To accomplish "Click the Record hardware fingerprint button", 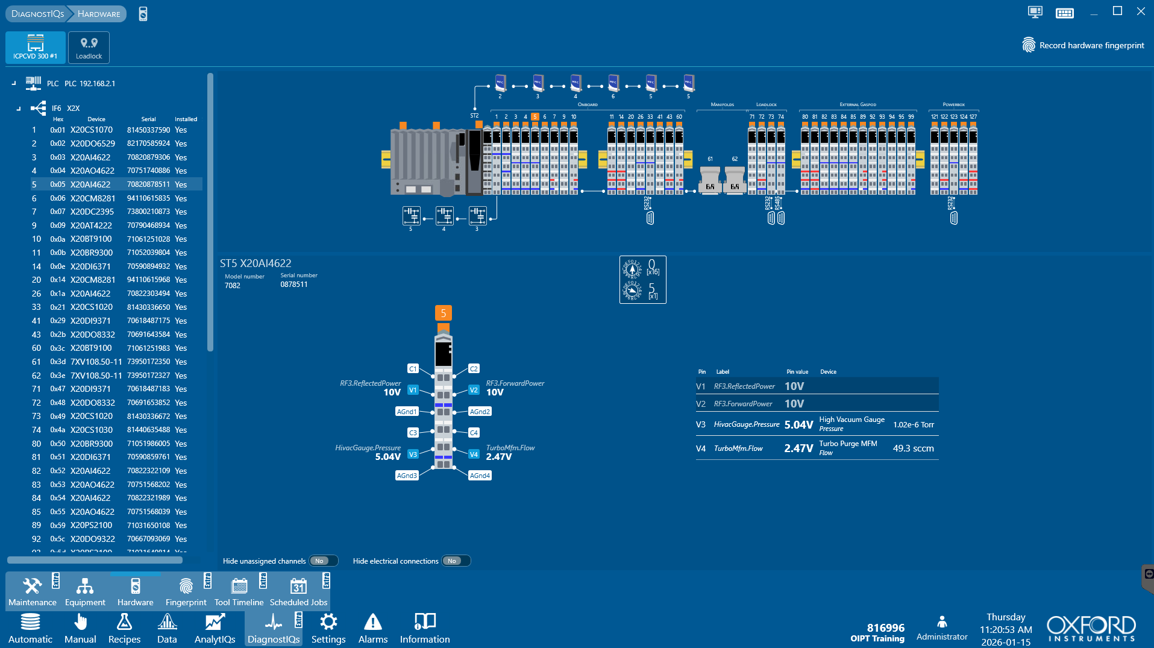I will tap(1083, 45).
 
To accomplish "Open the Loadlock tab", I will tap(89, 47).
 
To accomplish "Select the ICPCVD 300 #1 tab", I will tap(36, 47).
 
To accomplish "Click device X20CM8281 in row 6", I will tap(92, 198).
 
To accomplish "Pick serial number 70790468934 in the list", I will tap(148, 225).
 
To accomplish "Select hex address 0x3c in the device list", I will tap(58, 348).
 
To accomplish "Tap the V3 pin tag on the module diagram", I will tap(413, 455).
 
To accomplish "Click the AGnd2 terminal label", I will tap(480, 412).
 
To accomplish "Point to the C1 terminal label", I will tap(413, 369).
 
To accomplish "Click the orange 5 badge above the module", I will tap(443, 313).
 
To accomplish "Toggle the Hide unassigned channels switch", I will tap(323, 561).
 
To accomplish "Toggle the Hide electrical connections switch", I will tap(456, 561).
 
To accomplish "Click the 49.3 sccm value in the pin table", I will tap(913, 448).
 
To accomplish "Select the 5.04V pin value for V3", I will tap(798, 425).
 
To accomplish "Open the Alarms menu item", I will tap(372, 628).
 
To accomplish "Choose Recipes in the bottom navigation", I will tap(124, 628).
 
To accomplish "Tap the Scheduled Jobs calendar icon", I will tap(298, 586).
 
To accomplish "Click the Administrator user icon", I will tap(942, 621).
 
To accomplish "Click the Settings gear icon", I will tap(328, 621).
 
